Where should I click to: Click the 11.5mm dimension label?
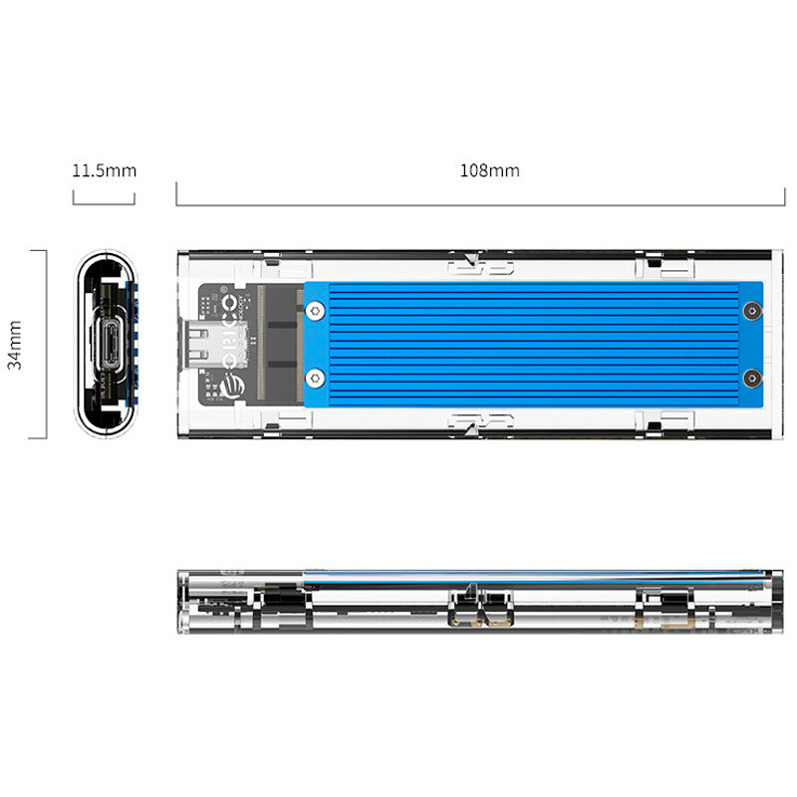coord(104,170)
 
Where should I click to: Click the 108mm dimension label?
coord(489,170)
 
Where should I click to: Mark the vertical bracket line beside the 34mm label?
coord(45,344)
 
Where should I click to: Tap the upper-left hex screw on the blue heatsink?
coord(316,311)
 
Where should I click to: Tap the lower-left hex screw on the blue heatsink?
coord(316,378)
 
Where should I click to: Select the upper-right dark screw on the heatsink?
coord(751,312)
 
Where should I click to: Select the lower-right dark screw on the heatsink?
coord(751,378)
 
